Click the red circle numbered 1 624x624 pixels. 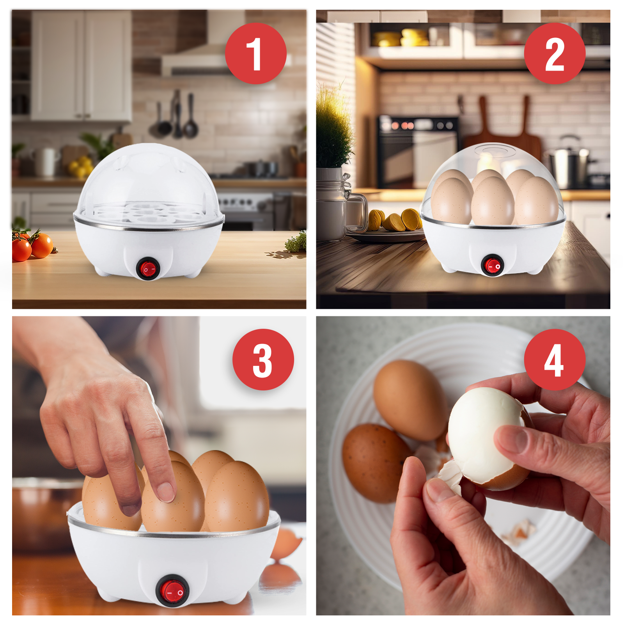255,53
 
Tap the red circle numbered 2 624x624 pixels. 554,53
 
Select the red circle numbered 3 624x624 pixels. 263,359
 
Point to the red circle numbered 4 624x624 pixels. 554,359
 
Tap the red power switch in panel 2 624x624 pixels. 492,266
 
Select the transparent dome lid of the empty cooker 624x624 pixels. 148,175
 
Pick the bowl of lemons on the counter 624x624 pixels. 80,166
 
